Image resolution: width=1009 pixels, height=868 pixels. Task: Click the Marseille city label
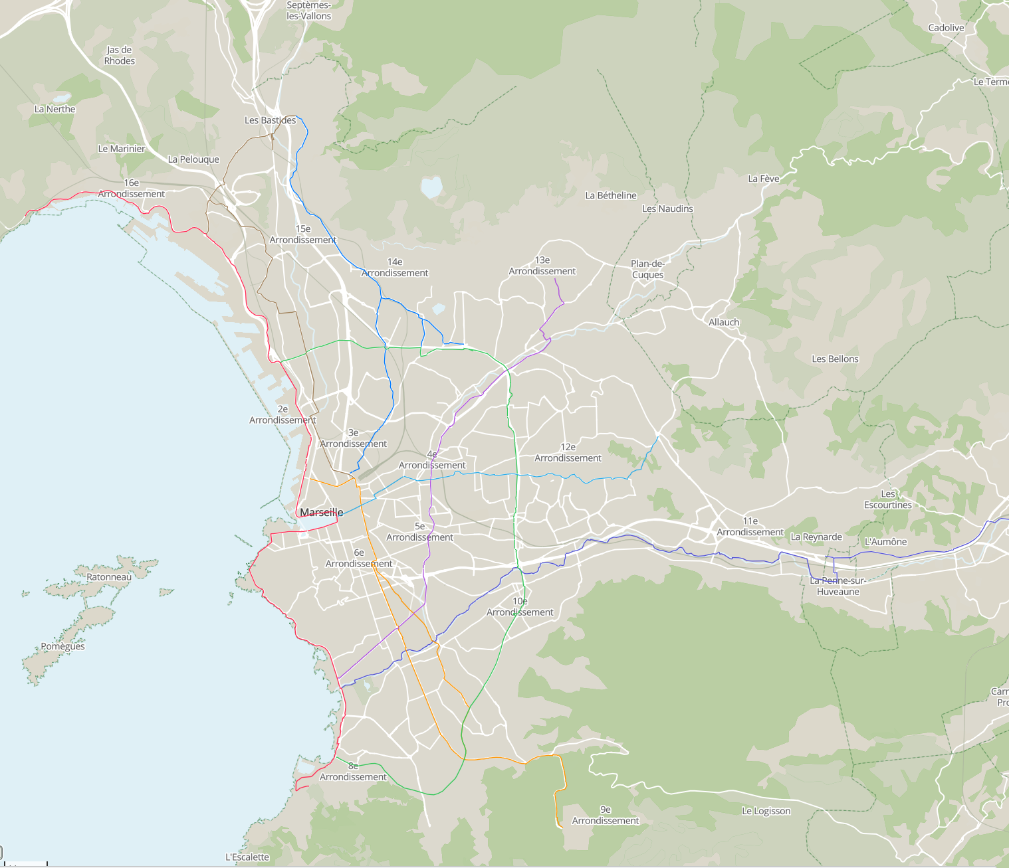click(322, 512)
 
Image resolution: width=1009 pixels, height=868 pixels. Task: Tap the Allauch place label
click(724, 322)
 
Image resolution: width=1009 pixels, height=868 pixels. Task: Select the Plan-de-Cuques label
click(647, 269)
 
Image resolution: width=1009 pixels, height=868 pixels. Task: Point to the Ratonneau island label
click(109, 577)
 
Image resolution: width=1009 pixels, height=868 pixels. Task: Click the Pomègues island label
click(62, 646)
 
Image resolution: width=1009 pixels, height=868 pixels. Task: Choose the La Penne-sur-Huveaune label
click(838, 586)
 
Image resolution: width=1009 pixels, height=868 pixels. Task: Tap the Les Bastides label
click(270, 120)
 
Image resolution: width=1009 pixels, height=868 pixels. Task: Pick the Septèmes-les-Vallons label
click(308, 11)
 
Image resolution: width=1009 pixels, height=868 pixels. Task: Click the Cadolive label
click(946, 28)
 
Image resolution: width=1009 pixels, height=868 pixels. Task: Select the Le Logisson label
click(766, 811)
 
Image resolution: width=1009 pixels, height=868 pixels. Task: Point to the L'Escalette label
click(247, 857)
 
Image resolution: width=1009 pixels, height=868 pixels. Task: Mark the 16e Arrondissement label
click(132, 188)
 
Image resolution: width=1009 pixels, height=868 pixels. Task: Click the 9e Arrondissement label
click(605, 815)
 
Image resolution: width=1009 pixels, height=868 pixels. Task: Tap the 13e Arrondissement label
click(542, 266)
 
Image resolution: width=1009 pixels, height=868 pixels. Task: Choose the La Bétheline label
click(610, 195)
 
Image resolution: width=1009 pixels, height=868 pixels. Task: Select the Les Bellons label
click(835, 359)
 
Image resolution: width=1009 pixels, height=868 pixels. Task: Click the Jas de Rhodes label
click(120, 55)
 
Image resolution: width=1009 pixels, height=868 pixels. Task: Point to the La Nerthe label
click(55, 109)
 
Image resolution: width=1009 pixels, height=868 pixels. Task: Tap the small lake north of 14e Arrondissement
click(431, 187)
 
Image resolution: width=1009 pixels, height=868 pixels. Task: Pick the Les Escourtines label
click(887, 499)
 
